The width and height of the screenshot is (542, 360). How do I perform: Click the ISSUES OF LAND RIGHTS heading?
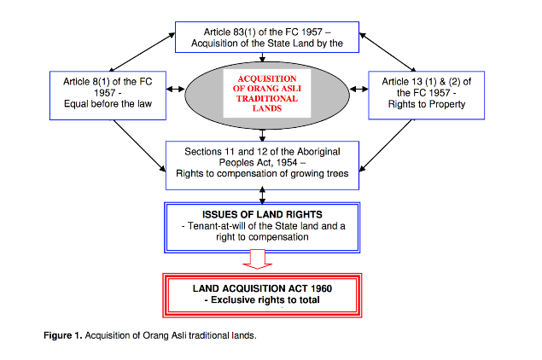point(262,213)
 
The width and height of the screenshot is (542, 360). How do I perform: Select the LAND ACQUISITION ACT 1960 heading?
point(260,287)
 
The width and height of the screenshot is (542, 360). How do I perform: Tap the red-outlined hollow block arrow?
point(261,258)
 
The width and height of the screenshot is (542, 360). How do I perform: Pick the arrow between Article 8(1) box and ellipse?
point(173,89)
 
